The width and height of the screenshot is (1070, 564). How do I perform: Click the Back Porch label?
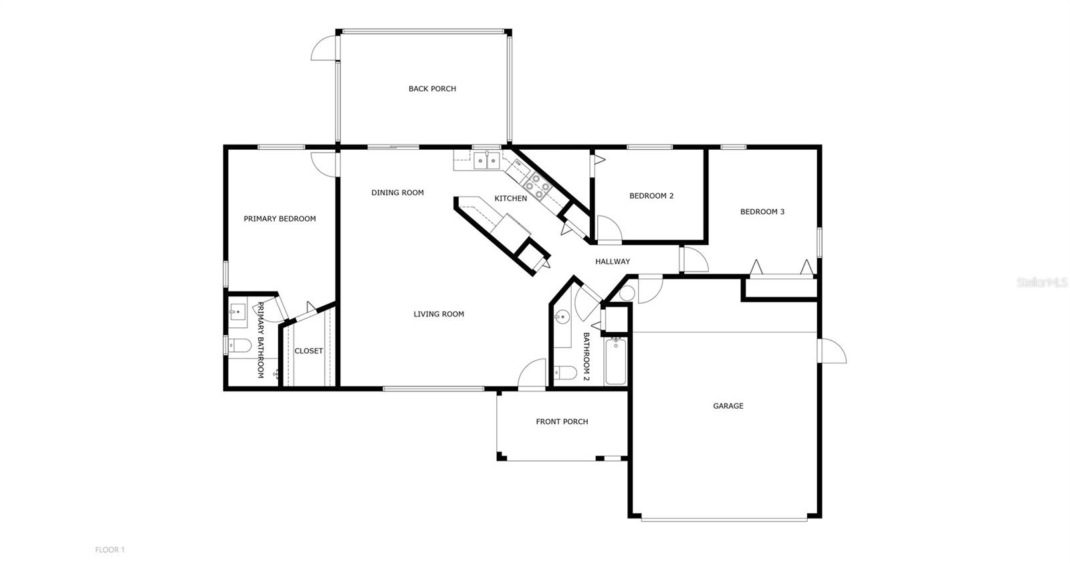(432, 89)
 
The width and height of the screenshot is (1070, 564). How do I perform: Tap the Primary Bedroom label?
(280, 219)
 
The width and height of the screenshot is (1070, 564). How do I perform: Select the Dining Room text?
(397, 193)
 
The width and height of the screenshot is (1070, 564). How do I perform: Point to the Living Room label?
(438, 314)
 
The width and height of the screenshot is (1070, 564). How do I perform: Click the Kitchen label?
(510, 199)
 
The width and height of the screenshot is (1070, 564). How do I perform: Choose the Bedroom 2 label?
(651, 196)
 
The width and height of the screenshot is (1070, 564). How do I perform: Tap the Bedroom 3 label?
(762, 212)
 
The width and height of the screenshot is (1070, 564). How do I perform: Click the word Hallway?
(612, 262)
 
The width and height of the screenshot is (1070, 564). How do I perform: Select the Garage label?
(728, 406)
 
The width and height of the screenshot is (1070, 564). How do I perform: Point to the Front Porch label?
(562, 421)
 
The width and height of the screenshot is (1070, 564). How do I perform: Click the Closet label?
(308, 351)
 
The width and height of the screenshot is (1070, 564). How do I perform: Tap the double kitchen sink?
(486, 161)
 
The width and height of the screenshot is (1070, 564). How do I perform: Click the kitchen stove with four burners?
(537, 187)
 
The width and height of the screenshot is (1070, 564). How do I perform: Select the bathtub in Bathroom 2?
(615, 362)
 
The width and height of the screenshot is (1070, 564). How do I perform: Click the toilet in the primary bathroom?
(239, 346)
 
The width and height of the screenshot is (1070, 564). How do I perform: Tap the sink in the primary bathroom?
(237, 312)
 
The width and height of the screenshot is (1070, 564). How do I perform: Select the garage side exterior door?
(832, 351)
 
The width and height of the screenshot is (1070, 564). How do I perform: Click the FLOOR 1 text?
(110, 550)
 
